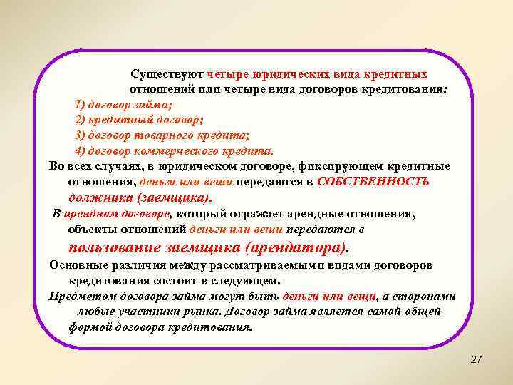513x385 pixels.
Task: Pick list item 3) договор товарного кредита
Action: coord(162,135)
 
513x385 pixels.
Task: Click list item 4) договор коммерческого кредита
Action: coord(174,151)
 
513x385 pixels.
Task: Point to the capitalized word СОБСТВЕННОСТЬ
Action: coord(373,181)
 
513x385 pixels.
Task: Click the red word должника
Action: coord(98,197)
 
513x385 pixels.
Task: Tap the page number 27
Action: coord(476,360)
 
